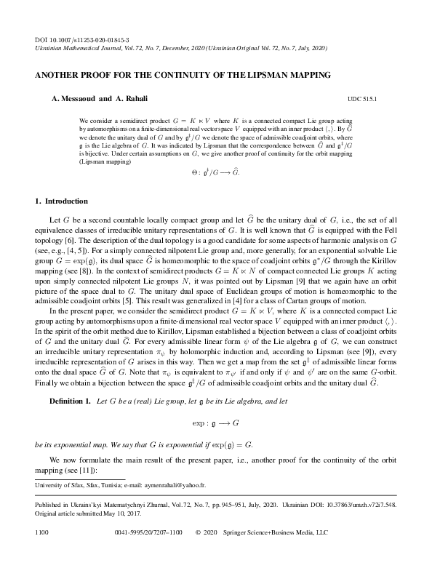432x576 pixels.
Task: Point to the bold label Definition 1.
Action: click(x=70, y=401)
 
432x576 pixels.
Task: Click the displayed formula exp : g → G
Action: click(x=216, y=421)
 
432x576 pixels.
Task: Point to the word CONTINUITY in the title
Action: click(x=193, y=75)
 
